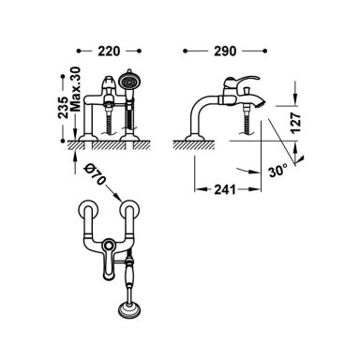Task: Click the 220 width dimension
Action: point(109,51)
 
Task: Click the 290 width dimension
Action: point(225,51)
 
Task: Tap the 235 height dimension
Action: point(63,107)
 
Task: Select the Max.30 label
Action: point(76,89)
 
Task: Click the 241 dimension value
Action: point(225,189)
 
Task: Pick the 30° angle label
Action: point(277,171)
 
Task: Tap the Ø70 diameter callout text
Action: point(96,174)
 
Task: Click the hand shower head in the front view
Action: point(128,82)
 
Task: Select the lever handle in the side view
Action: point(241,82)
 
